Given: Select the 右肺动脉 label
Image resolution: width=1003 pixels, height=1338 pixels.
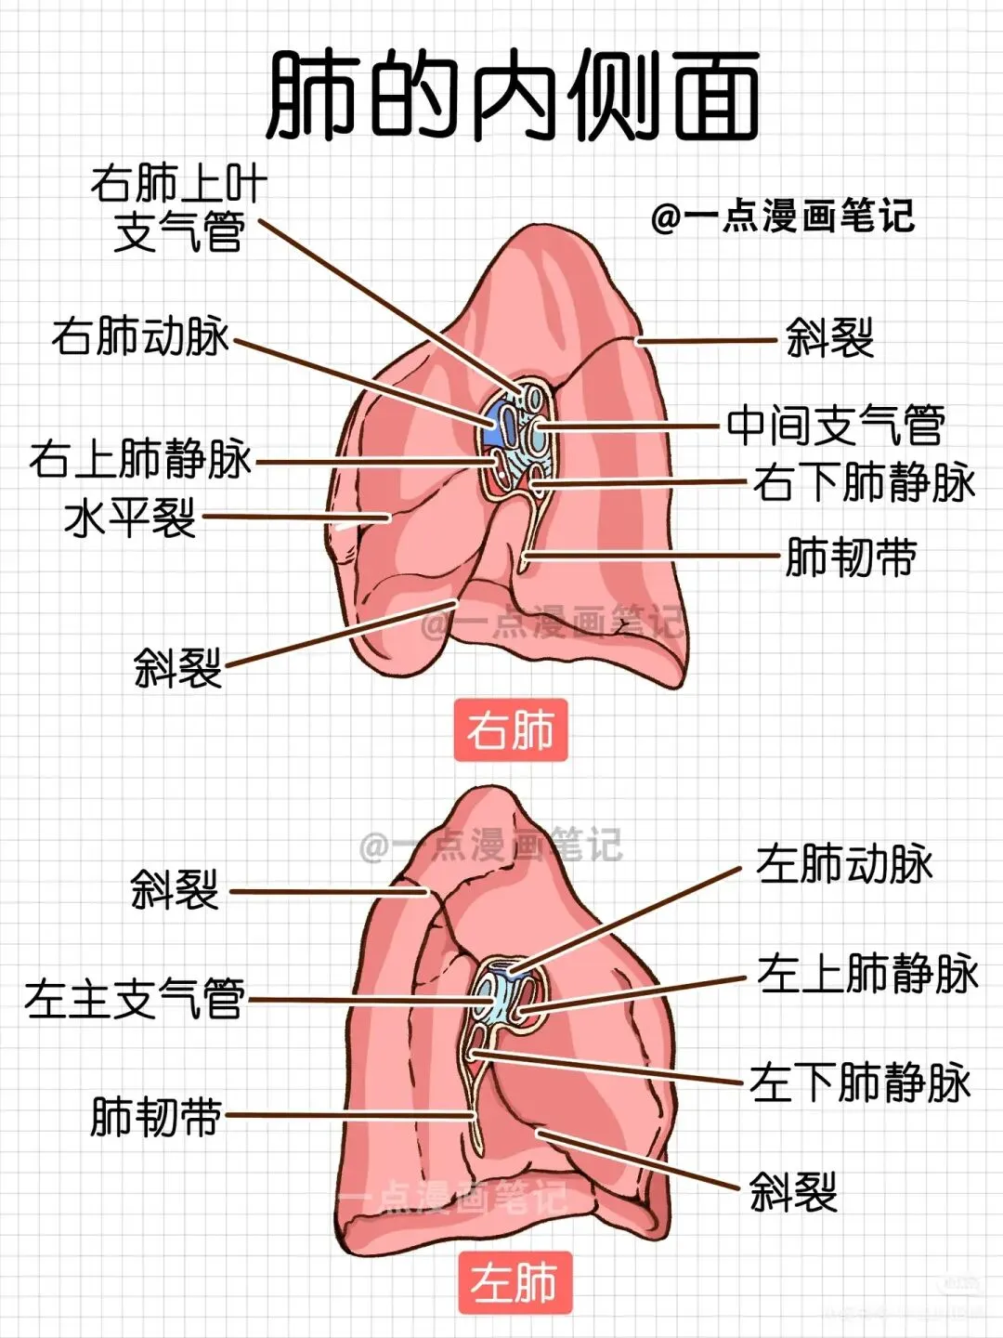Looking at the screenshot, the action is tap(139, 335).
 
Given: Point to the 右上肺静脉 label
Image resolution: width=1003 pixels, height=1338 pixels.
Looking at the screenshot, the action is tap(140, 459).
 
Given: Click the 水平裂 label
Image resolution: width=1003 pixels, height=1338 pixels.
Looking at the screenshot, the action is tap(130, 518).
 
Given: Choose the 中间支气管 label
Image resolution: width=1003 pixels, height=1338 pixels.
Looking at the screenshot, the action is tap(835, 426).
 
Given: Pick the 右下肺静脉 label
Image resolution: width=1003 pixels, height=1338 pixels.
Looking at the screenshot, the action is tap(864, 483).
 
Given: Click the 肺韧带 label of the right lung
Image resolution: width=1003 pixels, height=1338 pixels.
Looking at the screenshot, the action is tap(851, 557).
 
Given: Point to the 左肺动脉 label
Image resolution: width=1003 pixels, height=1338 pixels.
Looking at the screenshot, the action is tap(843, 864).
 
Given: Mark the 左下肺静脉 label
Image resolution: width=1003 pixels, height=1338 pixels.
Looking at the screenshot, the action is tap(860, 1083).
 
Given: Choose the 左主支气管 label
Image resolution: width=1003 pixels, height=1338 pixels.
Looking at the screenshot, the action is tap(135, 1000).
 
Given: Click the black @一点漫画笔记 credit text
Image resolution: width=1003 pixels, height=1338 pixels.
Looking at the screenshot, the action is tap(783, 217).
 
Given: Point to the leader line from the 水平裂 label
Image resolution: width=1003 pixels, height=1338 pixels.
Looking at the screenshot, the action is tap(297, 517).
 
